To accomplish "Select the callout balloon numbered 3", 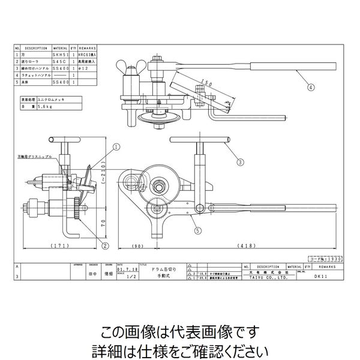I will [239, 162].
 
